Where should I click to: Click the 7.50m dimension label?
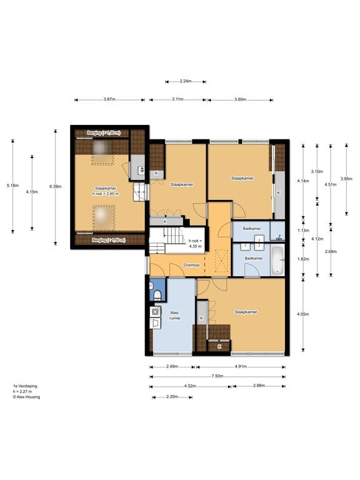[217, 376]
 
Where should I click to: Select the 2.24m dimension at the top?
[186, 81]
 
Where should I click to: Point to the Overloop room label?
[191, 265]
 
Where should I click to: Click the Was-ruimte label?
[174, 316]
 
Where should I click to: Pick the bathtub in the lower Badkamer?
[277, 259]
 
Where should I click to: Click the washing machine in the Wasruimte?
[155, 312]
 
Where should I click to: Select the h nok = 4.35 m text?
[195, 243]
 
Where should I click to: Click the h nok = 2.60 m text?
[106, 191]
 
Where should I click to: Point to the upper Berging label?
[104, 133]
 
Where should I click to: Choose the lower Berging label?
[109, 240]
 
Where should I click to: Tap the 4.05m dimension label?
[302, 314]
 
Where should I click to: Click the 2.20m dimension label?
[172, 397]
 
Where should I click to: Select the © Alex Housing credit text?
[26, 397]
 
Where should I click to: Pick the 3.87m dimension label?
[109, 99]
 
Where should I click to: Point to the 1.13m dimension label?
[303, 231]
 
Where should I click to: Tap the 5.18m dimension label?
[12, 186]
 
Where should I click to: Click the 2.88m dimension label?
[259, 386]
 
